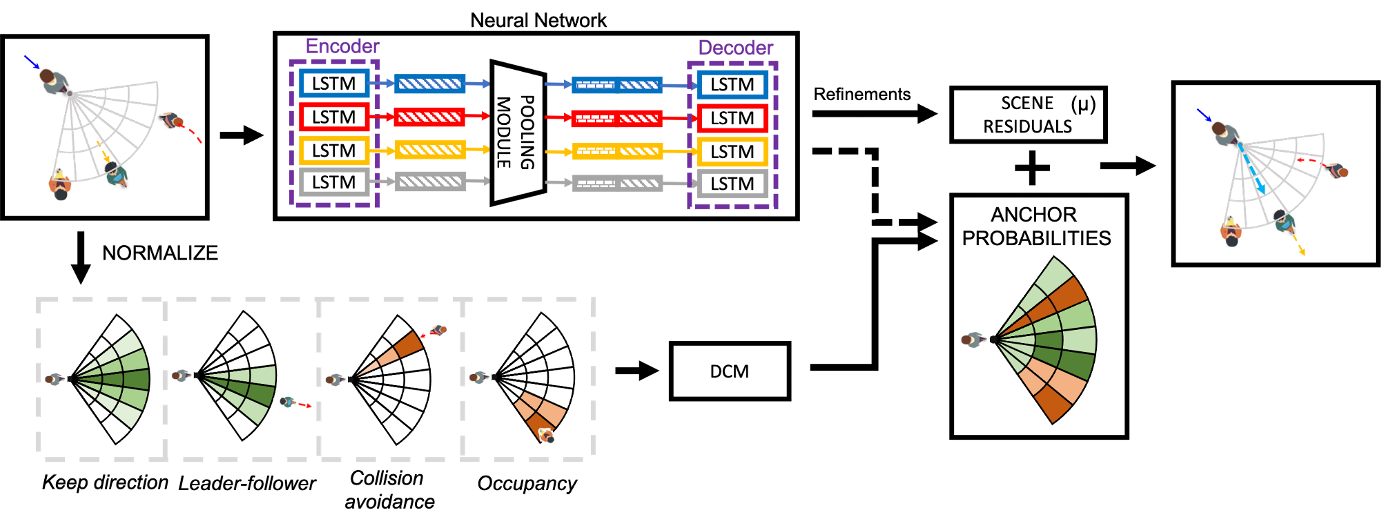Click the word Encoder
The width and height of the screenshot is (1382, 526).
coord(342,46)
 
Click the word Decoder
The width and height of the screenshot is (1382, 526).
coord(735,48)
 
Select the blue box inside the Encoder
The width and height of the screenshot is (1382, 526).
coord(334,84)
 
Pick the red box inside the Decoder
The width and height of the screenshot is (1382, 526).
coord(732,118)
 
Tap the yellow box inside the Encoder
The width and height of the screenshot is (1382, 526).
coord(334,150)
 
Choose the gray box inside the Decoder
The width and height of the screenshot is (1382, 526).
coord(732,184)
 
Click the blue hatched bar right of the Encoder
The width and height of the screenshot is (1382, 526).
coord(430,84)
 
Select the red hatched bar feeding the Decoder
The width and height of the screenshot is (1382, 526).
coord(617,119)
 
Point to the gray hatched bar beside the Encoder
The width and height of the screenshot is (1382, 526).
coord(430,182)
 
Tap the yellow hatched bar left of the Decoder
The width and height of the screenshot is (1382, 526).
coord(617,151)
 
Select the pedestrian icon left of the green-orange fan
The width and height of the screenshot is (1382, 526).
coord(974,340)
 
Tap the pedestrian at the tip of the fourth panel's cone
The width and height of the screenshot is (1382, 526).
coord(547,436)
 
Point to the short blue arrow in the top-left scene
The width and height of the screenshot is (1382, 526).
coord(32,62)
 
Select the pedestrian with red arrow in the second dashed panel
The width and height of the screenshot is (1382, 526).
coord(287,400)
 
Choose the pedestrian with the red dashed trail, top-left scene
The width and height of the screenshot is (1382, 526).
coord(171,122)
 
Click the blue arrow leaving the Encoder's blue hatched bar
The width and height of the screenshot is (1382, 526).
coord(478,84)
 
